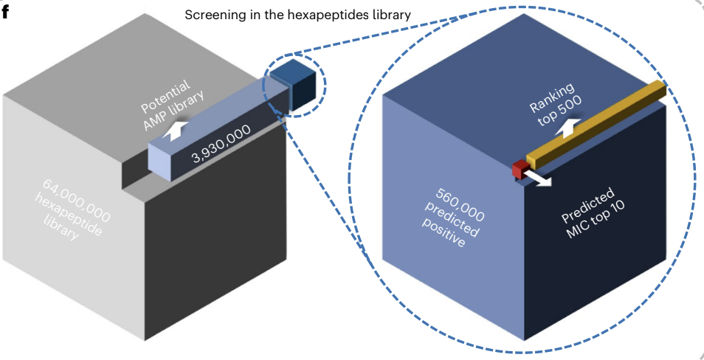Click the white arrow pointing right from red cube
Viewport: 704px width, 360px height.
(x=542, y=179)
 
